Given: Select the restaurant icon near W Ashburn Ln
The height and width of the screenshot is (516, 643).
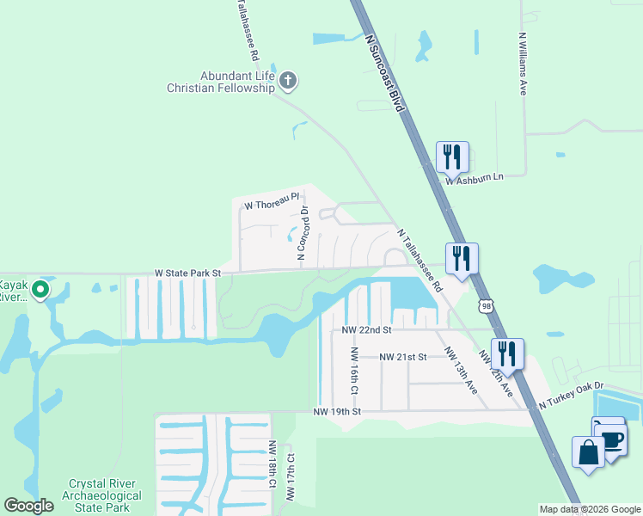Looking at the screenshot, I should pos(452,157).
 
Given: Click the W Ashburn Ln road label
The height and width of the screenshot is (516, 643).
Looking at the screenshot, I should pos(473,178).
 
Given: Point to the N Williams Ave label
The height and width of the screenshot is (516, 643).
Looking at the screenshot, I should pos(522,65).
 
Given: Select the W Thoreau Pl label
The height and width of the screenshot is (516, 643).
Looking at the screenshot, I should pos(271,206).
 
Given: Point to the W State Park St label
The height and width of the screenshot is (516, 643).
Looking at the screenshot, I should pos(188,273).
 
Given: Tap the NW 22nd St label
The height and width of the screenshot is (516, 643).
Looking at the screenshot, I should pos(366,329).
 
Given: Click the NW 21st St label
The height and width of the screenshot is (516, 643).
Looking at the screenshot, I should pos(403,357).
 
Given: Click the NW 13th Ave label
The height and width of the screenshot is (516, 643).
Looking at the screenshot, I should pos(460,370).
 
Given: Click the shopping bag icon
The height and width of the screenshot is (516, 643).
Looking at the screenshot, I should pos(589,452).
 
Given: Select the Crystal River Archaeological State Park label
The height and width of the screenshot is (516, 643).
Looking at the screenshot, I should pos(105,495).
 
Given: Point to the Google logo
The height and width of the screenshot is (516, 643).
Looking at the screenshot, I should pos(29,506).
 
